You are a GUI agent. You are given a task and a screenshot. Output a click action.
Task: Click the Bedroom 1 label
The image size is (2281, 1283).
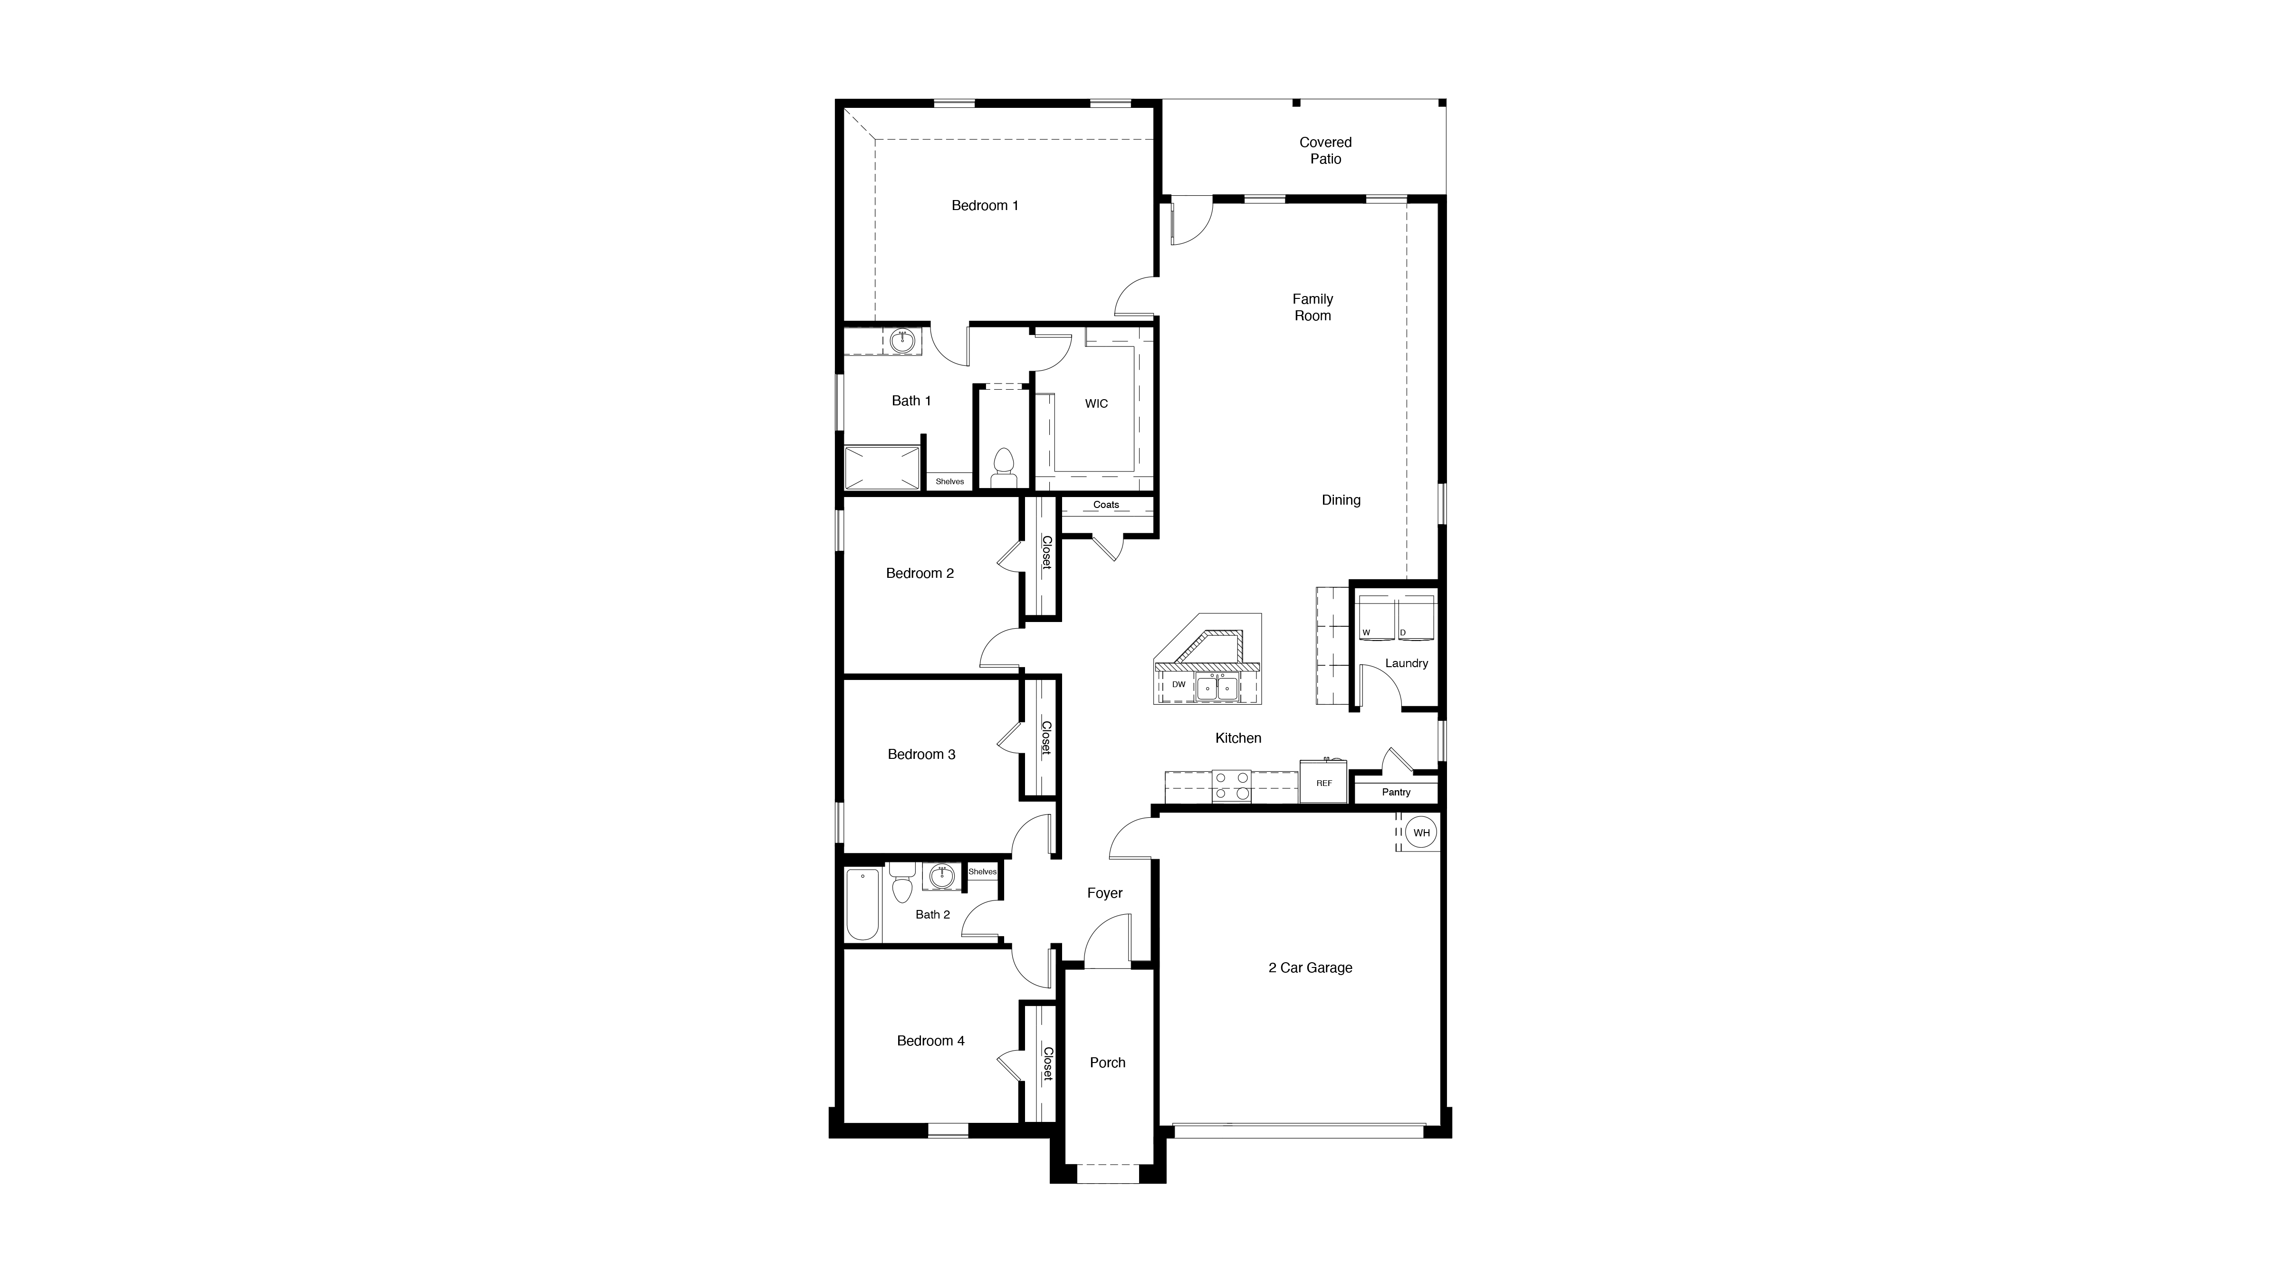(985, 205)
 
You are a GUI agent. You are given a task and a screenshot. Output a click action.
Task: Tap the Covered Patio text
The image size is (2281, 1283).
(1325, 151)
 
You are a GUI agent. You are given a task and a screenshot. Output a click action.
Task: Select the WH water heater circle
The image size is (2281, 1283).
(1421, 833)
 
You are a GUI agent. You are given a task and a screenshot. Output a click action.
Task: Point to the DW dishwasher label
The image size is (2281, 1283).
(1179, 684)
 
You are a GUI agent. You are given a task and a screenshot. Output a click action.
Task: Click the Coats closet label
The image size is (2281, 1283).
(1106, 505)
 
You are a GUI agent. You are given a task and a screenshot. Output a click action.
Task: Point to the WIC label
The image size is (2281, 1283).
(1096, 404)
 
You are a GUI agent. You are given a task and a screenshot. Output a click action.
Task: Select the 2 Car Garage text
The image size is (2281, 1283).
(1311, 968)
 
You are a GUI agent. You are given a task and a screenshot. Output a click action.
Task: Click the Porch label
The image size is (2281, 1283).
(1108, 1063)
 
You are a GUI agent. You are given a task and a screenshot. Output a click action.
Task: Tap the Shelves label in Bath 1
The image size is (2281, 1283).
(950, 482)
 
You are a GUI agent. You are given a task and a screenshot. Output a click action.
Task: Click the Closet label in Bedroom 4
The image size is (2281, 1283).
(1047, 1064)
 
